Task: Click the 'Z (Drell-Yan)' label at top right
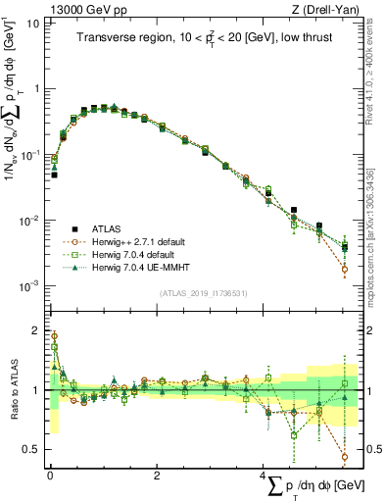[x=325, y=9]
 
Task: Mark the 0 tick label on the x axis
[x=50, y=475]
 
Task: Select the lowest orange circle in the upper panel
[x=345, y=268]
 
